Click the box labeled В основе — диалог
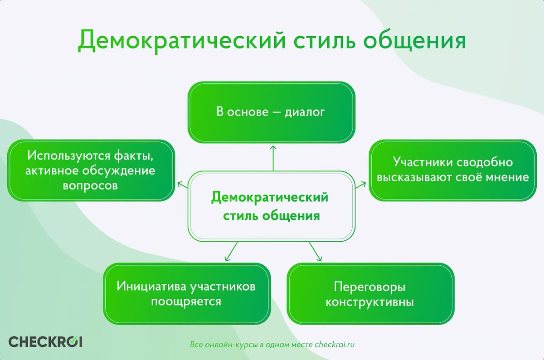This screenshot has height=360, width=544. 272,112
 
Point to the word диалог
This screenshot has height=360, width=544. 305,112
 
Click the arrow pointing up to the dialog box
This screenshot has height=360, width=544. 273,157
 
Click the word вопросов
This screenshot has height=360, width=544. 91,186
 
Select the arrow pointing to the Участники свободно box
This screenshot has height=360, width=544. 361,184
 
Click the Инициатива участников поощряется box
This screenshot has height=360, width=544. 186,294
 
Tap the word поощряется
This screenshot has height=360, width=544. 186,302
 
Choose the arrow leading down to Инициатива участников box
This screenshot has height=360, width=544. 231,251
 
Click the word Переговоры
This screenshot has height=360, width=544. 369,287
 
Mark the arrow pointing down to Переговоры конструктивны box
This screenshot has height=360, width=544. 315,251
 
